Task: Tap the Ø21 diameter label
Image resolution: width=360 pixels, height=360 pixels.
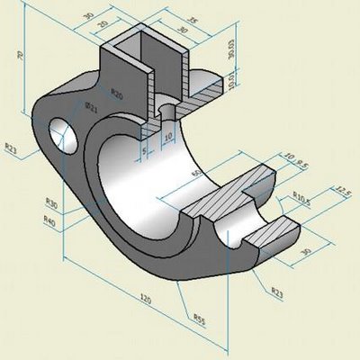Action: point(91,106)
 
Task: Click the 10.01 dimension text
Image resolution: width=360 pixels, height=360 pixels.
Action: point(208,82)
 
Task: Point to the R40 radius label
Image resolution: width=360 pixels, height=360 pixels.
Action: point(49,218)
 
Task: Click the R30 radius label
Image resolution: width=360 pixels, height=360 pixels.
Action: point(51,202)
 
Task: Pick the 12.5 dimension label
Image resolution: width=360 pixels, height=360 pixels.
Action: point(341,192)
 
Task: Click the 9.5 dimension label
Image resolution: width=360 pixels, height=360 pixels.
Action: point(302,163)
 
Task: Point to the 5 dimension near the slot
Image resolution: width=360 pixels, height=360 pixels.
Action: point(144,151)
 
